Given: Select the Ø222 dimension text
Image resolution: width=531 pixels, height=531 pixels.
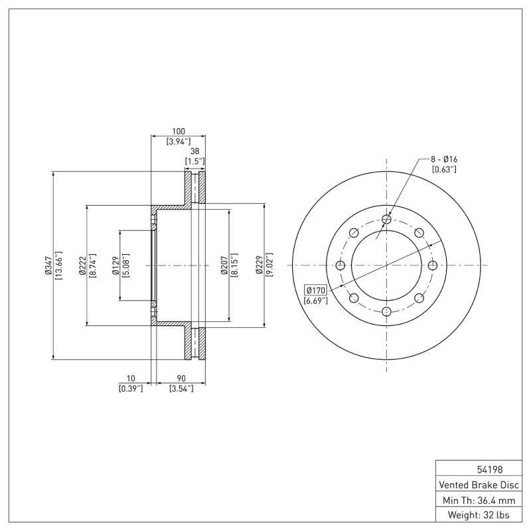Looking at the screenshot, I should point(82,265).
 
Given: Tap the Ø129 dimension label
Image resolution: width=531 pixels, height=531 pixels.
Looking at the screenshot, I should point(115,265).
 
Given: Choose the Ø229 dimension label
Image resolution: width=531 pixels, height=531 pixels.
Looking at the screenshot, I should point(259,265).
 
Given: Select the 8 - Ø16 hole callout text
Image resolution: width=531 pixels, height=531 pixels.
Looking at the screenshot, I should point(445,159).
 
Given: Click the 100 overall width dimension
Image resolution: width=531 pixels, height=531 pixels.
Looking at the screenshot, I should point(178,131).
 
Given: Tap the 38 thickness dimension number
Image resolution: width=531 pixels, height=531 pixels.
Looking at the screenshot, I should point(194,151).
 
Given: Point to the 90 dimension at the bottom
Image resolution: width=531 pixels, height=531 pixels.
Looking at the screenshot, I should point(181,378).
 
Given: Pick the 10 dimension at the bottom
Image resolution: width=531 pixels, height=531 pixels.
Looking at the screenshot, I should point(131,378).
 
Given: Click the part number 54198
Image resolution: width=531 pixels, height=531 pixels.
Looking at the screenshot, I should point(477,469).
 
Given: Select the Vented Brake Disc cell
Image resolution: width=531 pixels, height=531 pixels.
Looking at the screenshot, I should point(477,485).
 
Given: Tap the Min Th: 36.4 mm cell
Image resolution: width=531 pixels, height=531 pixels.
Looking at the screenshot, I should point(477,500).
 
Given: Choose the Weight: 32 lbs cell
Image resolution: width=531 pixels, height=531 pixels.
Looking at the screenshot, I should point(477,515).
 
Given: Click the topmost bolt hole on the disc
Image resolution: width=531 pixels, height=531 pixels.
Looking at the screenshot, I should point(387,219).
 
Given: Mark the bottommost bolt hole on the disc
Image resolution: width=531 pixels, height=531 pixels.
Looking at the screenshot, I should point(387,311).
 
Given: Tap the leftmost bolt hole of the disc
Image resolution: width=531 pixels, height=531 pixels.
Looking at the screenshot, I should point(341,265).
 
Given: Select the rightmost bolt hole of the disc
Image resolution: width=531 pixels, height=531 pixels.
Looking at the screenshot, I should point(433,265).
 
